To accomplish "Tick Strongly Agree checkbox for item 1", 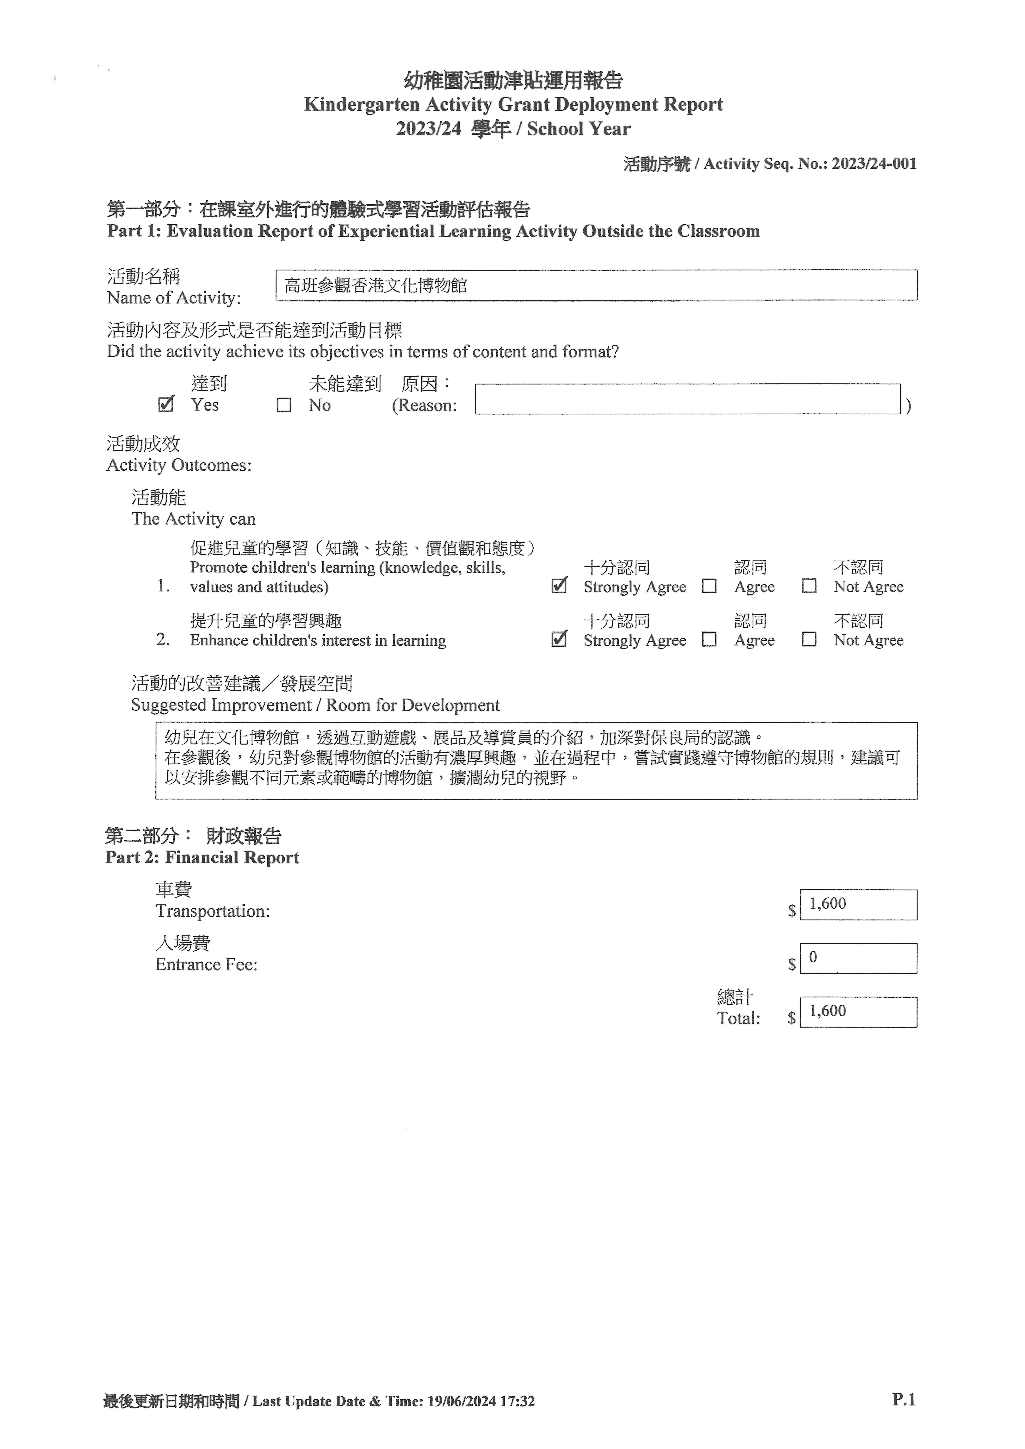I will (x=559, y=586).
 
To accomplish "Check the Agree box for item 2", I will (x=709, y=639).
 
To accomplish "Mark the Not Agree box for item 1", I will (x=809, y=586).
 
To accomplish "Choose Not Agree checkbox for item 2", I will (x=809, y=639).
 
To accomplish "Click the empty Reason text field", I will (x=687, y=399).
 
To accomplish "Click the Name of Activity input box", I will (x=596, y=285).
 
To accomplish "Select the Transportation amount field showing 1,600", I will (x=858, y=904).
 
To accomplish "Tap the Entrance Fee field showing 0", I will (x=858, y=958).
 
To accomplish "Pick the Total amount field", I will (x=858, y=1012).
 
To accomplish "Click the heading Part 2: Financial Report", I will (x=202, y=857).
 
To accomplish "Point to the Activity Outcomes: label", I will (x=179, y=465).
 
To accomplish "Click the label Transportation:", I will (x=213, y=911).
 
